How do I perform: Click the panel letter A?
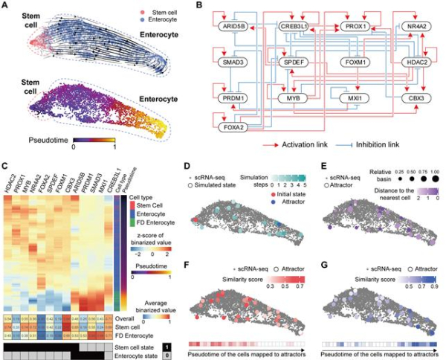(5, 5)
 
